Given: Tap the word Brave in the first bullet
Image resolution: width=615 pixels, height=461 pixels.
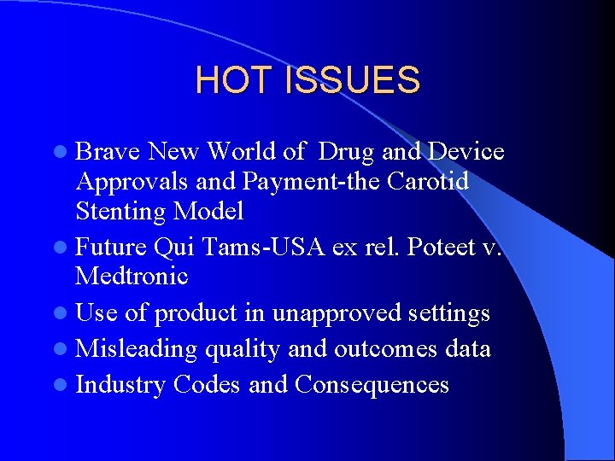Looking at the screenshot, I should coord(108,152).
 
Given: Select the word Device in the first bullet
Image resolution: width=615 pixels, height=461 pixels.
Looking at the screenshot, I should coord(466,152).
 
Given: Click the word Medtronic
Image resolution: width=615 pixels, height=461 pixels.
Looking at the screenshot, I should coord(132,277).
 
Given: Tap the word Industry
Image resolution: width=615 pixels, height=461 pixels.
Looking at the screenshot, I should coord(120,385).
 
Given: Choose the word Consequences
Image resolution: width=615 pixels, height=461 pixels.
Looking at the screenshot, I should coord(372,385).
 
